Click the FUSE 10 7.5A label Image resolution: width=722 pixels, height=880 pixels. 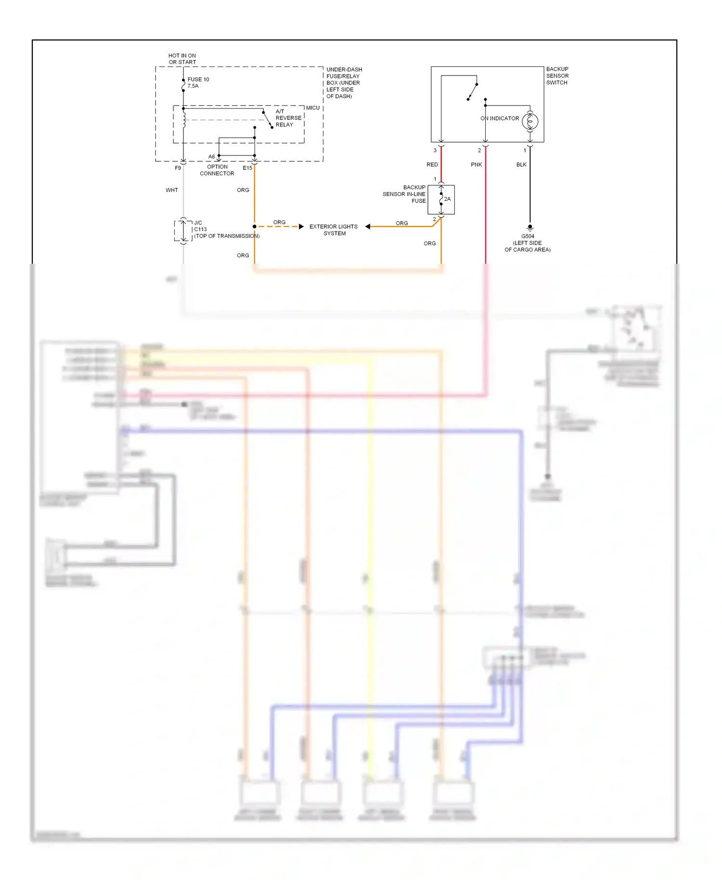198,82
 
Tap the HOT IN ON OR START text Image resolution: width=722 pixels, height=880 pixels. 182,59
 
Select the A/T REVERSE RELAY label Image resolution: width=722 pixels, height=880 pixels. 288,118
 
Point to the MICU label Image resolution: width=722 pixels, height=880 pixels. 312,108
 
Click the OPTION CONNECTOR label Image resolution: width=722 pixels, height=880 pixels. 217,170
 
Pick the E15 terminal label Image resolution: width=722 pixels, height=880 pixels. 247,168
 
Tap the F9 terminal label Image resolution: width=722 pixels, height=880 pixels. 178,168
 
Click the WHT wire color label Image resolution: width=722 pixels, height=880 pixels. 171,190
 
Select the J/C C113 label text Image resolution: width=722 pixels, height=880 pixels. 200,226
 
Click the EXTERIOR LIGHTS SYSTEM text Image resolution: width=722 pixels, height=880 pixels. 334,230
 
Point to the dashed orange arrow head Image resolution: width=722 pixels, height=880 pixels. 301,226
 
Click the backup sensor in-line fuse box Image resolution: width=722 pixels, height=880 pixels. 441,199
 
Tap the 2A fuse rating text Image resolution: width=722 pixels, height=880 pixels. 447,199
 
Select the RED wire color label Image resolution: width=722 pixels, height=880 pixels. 432,165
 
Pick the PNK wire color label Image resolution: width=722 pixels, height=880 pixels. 476,165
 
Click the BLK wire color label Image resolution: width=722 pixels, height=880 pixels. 521,165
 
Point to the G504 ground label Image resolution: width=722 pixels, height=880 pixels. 528,236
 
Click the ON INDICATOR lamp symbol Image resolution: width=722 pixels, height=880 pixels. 529,121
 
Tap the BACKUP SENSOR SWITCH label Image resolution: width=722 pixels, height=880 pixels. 557,76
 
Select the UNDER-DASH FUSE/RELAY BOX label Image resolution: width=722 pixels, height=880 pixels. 344,83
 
